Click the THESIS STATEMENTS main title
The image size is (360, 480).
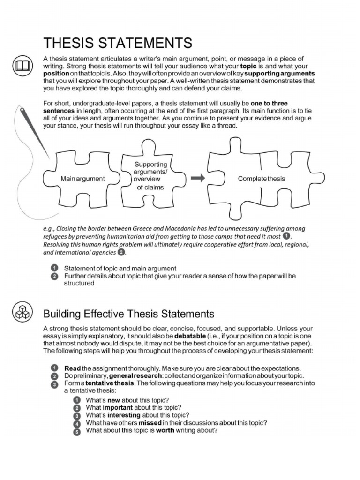[117, 43]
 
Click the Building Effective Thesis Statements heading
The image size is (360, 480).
[129, 313]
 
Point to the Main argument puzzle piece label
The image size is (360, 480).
[83, 179]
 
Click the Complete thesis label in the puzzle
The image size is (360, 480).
[261, 179]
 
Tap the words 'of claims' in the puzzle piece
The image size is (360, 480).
[150, 187]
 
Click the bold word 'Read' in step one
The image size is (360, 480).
[72, 368]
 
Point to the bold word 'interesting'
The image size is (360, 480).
[123, 415]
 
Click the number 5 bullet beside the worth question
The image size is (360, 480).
[77, 432]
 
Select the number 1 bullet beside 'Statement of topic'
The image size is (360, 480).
[54, 269]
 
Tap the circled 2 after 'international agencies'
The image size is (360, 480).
[120, 253]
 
